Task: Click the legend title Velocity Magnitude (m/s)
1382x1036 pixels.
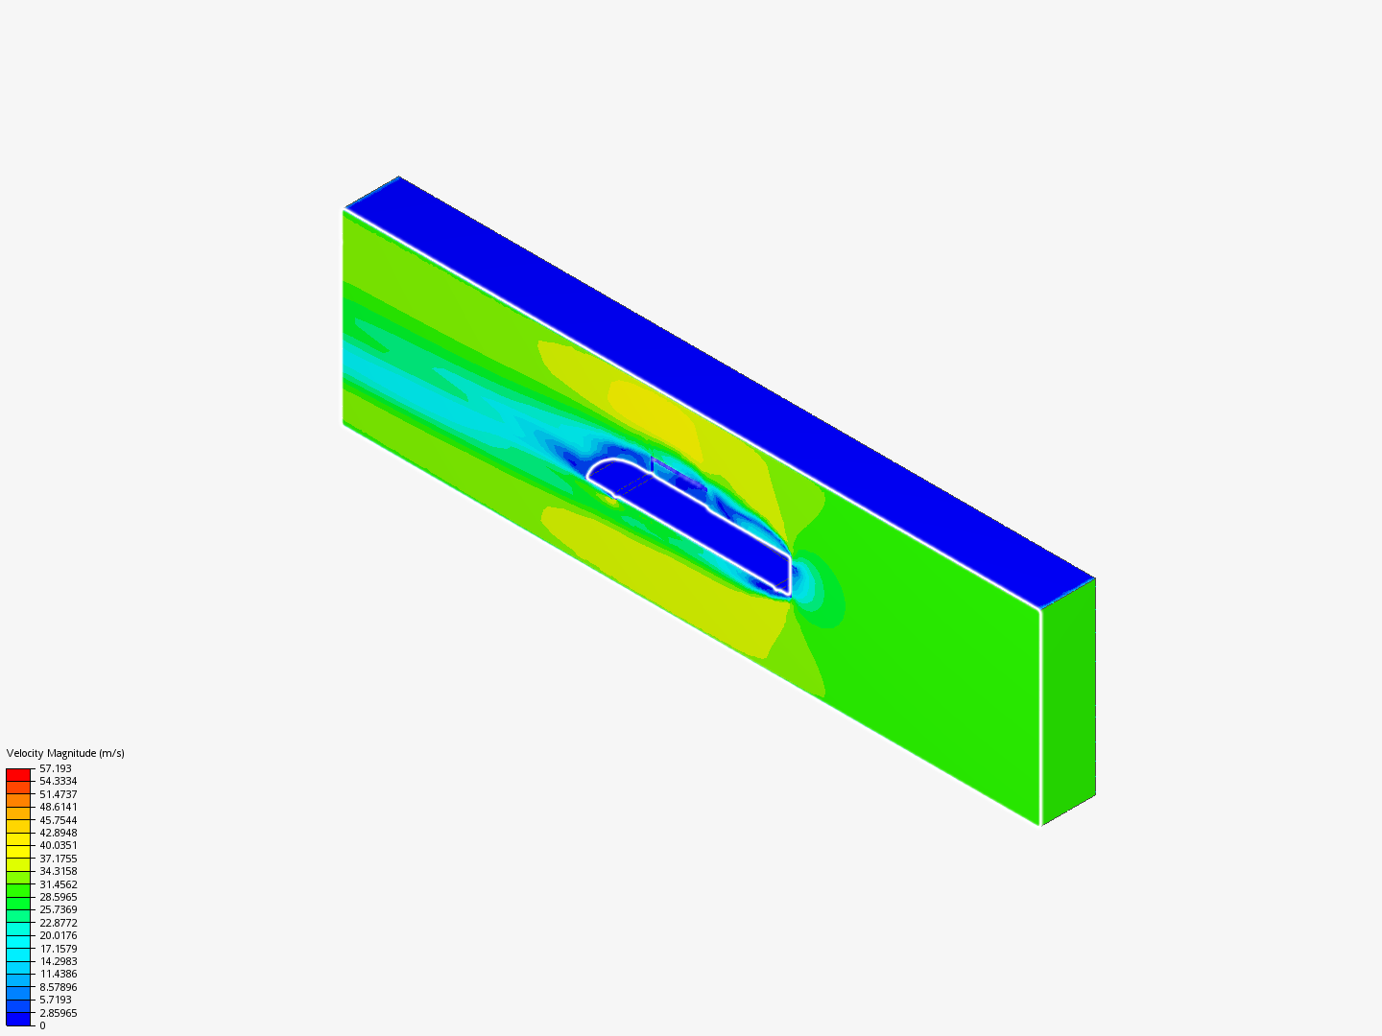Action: coord(65,753)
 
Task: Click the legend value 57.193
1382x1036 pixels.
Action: coord(56,768)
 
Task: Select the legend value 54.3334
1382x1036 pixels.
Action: coord(58,781)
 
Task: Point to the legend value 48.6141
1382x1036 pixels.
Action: coord(58,807)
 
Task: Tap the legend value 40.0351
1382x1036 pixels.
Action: coord(58,845)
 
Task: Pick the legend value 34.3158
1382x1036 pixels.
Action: coord(58,871)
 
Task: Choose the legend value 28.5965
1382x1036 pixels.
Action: coord(58,897)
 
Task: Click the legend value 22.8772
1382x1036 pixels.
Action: coord(58,923)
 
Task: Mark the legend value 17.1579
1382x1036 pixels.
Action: coord(58,949)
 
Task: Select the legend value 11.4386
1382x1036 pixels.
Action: coord(58,974)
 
